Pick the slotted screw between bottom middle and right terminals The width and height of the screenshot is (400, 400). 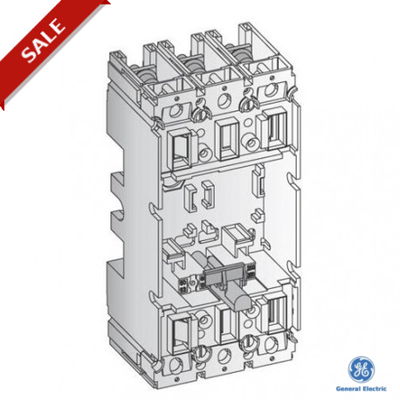click(x=249, y=342)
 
